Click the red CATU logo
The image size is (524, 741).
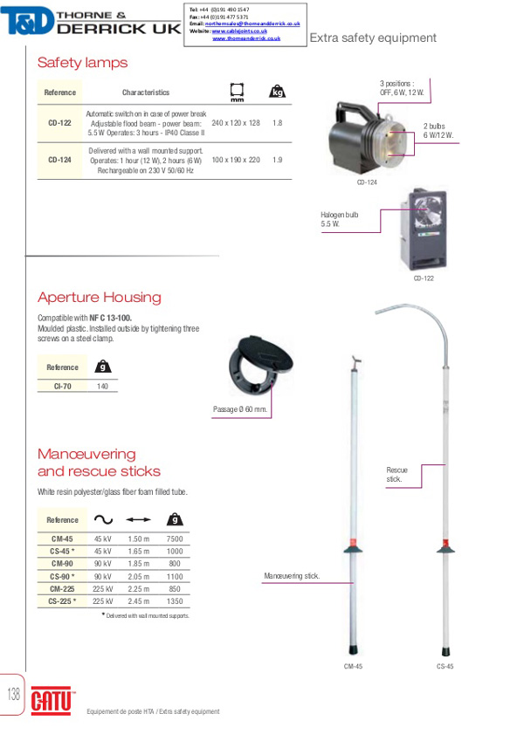pos(53,700)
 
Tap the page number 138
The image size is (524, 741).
pos(13,695)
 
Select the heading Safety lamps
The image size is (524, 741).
pos(82,63)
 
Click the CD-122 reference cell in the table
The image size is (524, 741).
pos(59,123)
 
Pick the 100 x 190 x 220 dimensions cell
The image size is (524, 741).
pos(236,161)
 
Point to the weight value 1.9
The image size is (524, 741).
pos(278,161)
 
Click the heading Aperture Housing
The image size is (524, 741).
pos(99,297)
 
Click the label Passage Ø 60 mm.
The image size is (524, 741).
pos(240,409)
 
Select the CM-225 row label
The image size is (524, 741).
pos(62,588)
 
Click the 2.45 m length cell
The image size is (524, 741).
pos(139,600)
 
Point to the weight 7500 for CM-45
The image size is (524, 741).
pos(174,539)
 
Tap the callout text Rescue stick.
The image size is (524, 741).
pos(396,475)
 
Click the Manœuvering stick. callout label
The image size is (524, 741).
pos(292,576)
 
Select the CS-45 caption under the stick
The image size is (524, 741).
pos(445,666)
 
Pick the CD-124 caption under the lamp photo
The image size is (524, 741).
pos(367,182)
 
